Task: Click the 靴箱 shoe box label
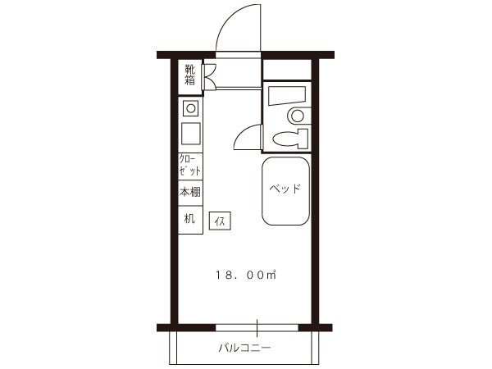pyautogui.click(x=190, y=75)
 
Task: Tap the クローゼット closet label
pyautogui.click(x=190, y=166)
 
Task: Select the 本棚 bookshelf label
pyautogui.click(x=190, y=192)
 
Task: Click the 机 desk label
pyautogui.click(x=189, y=218)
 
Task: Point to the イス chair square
pyautogui.click(x=220, y=221)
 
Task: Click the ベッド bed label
pyautogui.click(x=285, y=189)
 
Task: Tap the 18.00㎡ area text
pyautogui.click(x=245, y=275)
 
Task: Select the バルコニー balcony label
pyautogui.click(x=244, y=348)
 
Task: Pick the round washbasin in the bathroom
pyautogui.click(x=298, y=116)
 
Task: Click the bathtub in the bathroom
pyautogui.click(x=287, y=96)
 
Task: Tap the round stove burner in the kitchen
pyautogui.click(x=191, y=108)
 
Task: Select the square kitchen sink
pyautogui.click(x=190, y=134)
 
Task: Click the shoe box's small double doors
pyautogui.click(x=208, y=76)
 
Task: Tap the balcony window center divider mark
pyautogui.click(x=257, y=328)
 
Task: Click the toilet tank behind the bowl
pyautogui.click(x=303, y=139)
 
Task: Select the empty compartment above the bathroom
pyautogui.click(x=287, y=70)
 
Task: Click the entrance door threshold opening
pyautogui.click(x=238, y=55)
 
